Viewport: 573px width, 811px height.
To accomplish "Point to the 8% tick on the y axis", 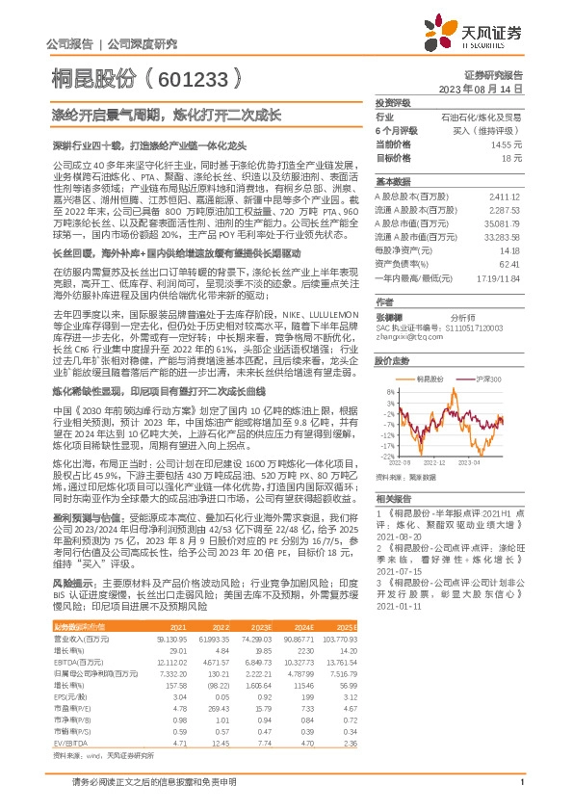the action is [x=390, y=391].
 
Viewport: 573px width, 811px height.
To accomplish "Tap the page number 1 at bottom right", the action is [x=521, y=794].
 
